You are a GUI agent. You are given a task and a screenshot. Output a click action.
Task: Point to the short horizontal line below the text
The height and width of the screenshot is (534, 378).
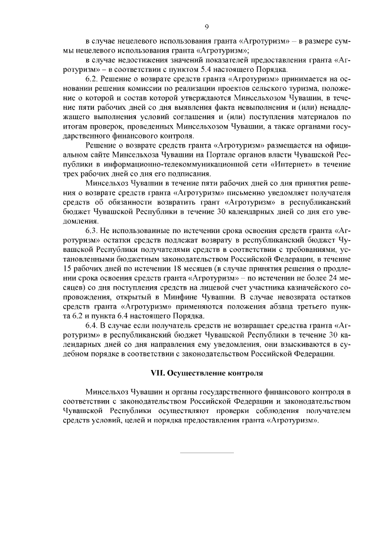click(206, 453)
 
